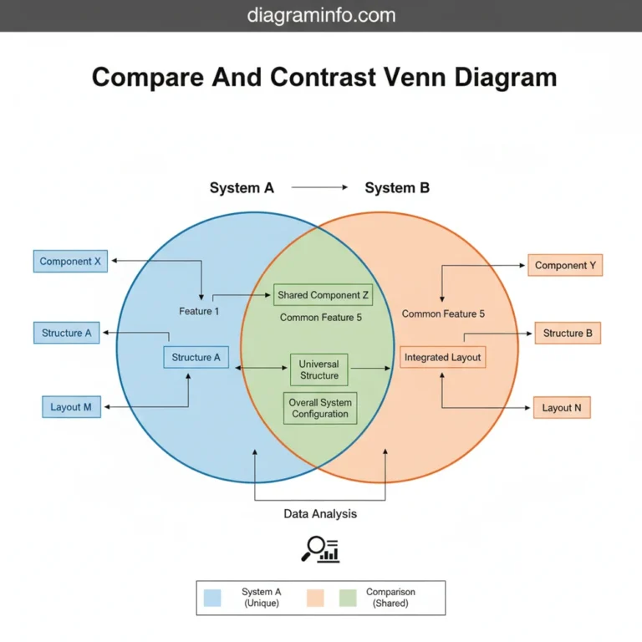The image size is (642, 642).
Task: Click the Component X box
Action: click(70, 262)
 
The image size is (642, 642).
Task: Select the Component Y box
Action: click(565, 266)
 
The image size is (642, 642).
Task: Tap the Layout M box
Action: click(71, 407)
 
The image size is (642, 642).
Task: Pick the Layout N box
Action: click(562, 408)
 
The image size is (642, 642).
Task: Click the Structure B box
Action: click(568, 334)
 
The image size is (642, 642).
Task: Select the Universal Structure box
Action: click(318, 369)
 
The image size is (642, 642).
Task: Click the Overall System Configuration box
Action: click(320, 408)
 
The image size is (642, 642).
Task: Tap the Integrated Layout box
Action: click(442, 358)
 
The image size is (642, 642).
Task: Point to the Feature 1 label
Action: click(199, 312)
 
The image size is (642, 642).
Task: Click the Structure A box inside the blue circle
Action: click(196, 358)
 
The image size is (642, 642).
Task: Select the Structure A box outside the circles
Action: click(67, 334)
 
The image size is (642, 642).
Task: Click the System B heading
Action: click(397, 188)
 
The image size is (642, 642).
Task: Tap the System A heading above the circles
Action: click(242, 188)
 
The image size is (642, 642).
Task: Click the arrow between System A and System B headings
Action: click(318, 188)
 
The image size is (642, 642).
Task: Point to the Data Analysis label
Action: click(320, 514)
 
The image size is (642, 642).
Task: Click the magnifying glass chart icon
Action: click(320, 548)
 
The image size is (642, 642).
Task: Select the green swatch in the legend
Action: click(348, 599)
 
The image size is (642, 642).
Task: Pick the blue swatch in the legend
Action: click(212, 599)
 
